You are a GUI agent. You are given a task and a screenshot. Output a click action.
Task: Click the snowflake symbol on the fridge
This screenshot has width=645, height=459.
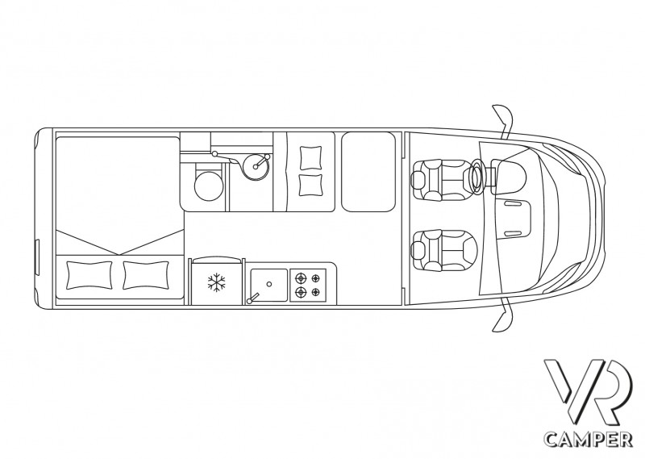[215, 282]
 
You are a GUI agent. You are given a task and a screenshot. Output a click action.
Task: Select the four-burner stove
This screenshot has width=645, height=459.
[307, 283]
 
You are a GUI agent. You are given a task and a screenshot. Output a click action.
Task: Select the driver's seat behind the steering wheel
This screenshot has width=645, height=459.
[439, 177]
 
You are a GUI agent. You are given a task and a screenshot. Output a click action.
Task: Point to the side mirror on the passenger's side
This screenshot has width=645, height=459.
[503, 318]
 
